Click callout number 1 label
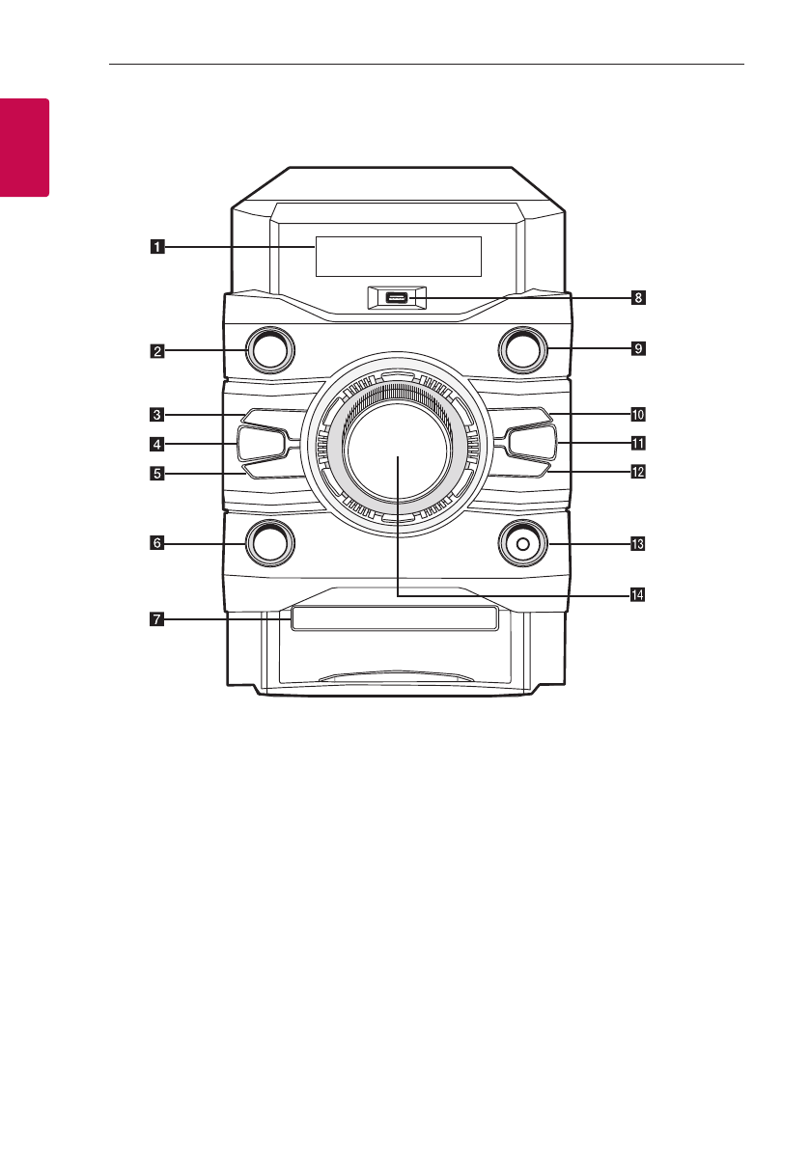point(155,246)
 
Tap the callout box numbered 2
point(155,351)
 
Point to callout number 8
point(637,298)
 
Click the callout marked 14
point(637,594)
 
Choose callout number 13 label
point(637,544)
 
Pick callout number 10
point(637,415)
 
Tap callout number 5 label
point(155,474)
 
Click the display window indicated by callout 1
point(398,256)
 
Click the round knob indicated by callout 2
point(269,350)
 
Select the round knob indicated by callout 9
point(522,350)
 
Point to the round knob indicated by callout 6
point(269,543)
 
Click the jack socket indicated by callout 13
point(522,544)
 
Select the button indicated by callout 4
point(260,444)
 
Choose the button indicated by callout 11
point(530,444)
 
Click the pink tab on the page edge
point(23,146)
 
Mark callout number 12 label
point(637,473)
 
